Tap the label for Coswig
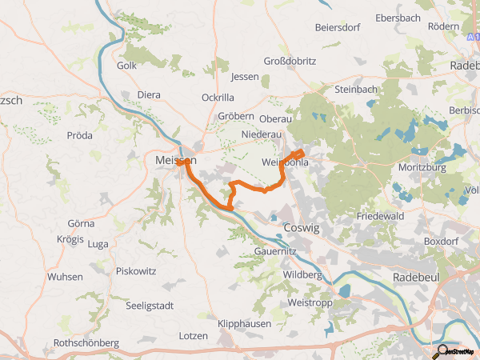pos(302,228)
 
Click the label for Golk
pos(127,66)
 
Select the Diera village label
pos(149,94)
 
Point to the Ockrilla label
pos(218,97)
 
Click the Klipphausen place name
pos(244,324)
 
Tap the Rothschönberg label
pos(86,342)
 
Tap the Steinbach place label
pos(355,89)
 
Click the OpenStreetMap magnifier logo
pos(442,350)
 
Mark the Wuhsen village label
pos(65,276)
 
